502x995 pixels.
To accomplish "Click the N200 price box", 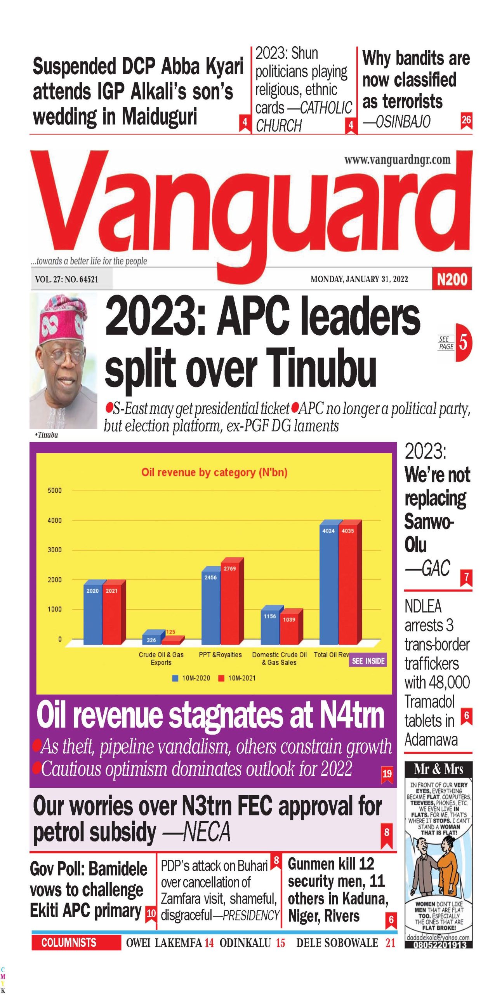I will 452,279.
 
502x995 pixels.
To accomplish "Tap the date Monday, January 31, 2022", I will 359,279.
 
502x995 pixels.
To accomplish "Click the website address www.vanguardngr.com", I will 397,160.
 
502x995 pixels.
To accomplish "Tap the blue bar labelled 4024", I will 328,583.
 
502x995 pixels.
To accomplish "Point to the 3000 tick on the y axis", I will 54,550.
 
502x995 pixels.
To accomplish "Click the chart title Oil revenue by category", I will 214,472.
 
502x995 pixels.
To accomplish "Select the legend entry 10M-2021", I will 237,678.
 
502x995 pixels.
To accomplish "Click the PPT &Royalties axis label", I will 220,655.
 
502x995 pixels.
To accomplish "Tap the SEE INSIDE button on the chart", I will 368,661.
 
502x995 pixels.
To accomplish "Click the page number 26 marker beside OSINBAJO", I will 466,120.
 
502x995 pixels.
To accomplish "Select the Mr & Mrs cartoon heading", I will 438,769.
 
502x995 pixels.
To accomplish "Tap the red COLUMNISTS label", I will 69,943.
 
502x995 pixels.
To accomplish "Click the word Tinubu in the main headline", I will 321,367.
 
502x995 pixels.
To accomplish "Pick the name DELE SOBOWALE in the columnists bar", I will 337,943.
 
